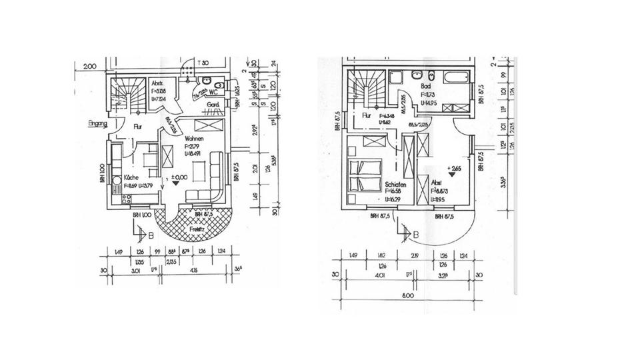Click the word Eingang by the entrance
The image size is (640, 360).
pyautogui.click(x=98, y=124)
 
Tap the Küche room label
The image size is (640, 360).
pyautogui.click(x=131, y=179)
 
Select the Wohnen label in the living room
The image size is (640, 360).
pyautogui.click(x=194, y=138)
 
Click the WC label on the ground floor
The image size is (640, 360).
pyautogui.click(x=215, y=92)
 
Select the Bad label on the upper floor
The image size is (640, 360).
pyautogui.click(x=425, y=87)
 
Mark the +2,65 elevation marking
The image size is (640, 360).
pyautogui.click(x=455, y=169)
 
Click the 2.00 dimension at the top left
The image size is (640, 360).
pyautogui.click(x=89, y=65)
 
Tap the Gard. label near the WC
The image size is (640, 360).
pyautogui.click(x=213, y=106)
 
